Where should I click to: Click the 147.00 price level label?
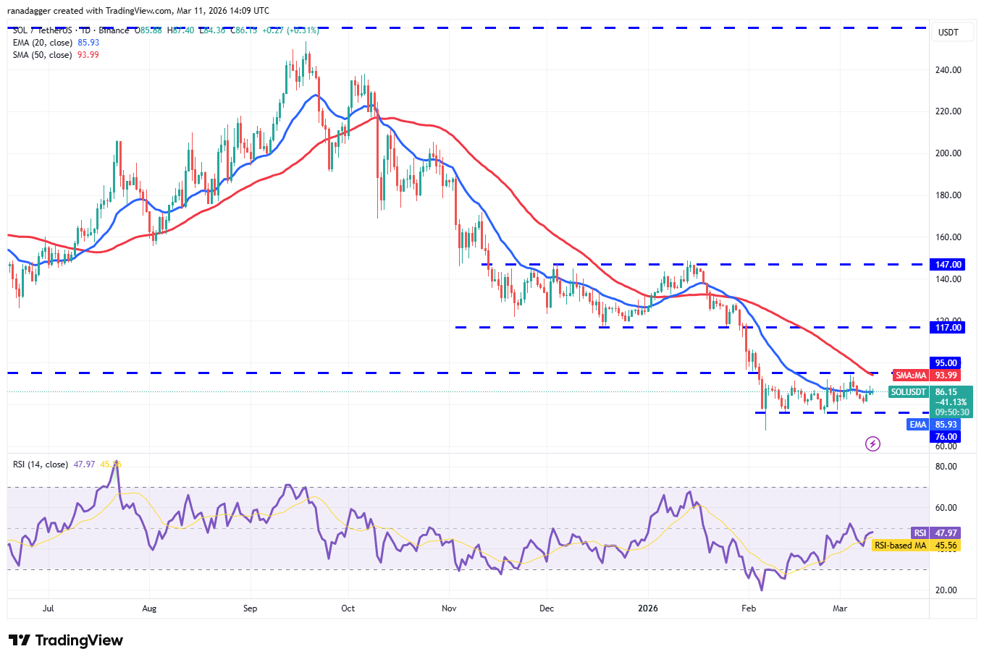[948, 265]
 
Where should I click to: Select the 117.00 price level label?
[948, 328]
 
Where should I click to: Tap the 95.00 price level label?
[946, 363]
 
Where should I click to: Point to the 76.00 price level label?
[946, 437]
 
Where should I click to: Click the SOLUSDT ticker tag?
[908, 392]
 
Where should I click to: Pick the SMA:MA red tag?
[910, 375]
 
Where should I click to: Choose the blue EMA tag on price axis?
[917, 425]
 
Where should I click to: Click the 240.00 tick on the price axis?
[948, 70]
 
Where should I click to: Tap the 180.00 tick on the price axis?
[948, 195]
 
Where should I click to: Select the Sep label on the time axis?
[250, 608]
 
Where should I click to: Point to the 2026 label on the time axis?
[648, 608]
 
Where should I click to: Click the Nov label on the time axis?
[449, 608]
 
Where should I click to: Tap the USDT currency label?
[948, 33]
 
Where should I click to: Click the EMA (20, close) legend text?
[43, 43]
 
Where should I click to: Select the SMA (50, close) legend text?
[43, 55]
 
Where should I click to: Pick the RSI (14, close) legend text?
[41, 464]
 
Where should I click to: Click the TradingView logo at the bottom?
[66, 640]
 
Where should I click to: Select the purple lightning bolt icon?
[872, 444]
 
